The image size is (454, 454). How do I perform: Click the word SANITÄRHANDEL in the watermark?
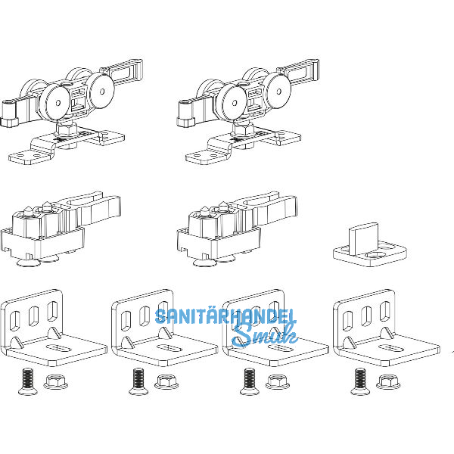click(225, 316)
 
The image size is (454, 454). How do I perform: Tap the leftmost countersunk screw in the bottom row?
click(28, 381)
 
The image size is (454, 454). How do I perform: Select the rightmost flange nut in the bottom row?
click(388, 382)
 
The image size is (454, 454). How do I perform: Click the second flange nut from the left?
click(166, 382)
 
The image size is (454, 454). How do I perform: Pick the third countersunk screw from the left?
click(250, 381)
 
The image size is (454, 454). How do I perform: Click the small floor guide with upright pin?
click(370, 245)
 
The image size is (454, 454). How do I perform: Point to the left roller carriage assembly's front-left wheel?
click(54, 102)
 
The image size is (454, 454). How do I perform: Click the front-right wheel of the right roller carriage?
click(278, 92)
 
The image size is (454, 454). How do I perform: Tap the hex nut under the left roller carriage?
click(67, 129)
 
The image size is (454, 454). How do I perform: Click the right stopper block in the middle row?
click(237, 229)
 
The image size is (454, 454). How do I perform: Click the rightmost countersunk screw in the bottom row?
click(360, 381)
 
